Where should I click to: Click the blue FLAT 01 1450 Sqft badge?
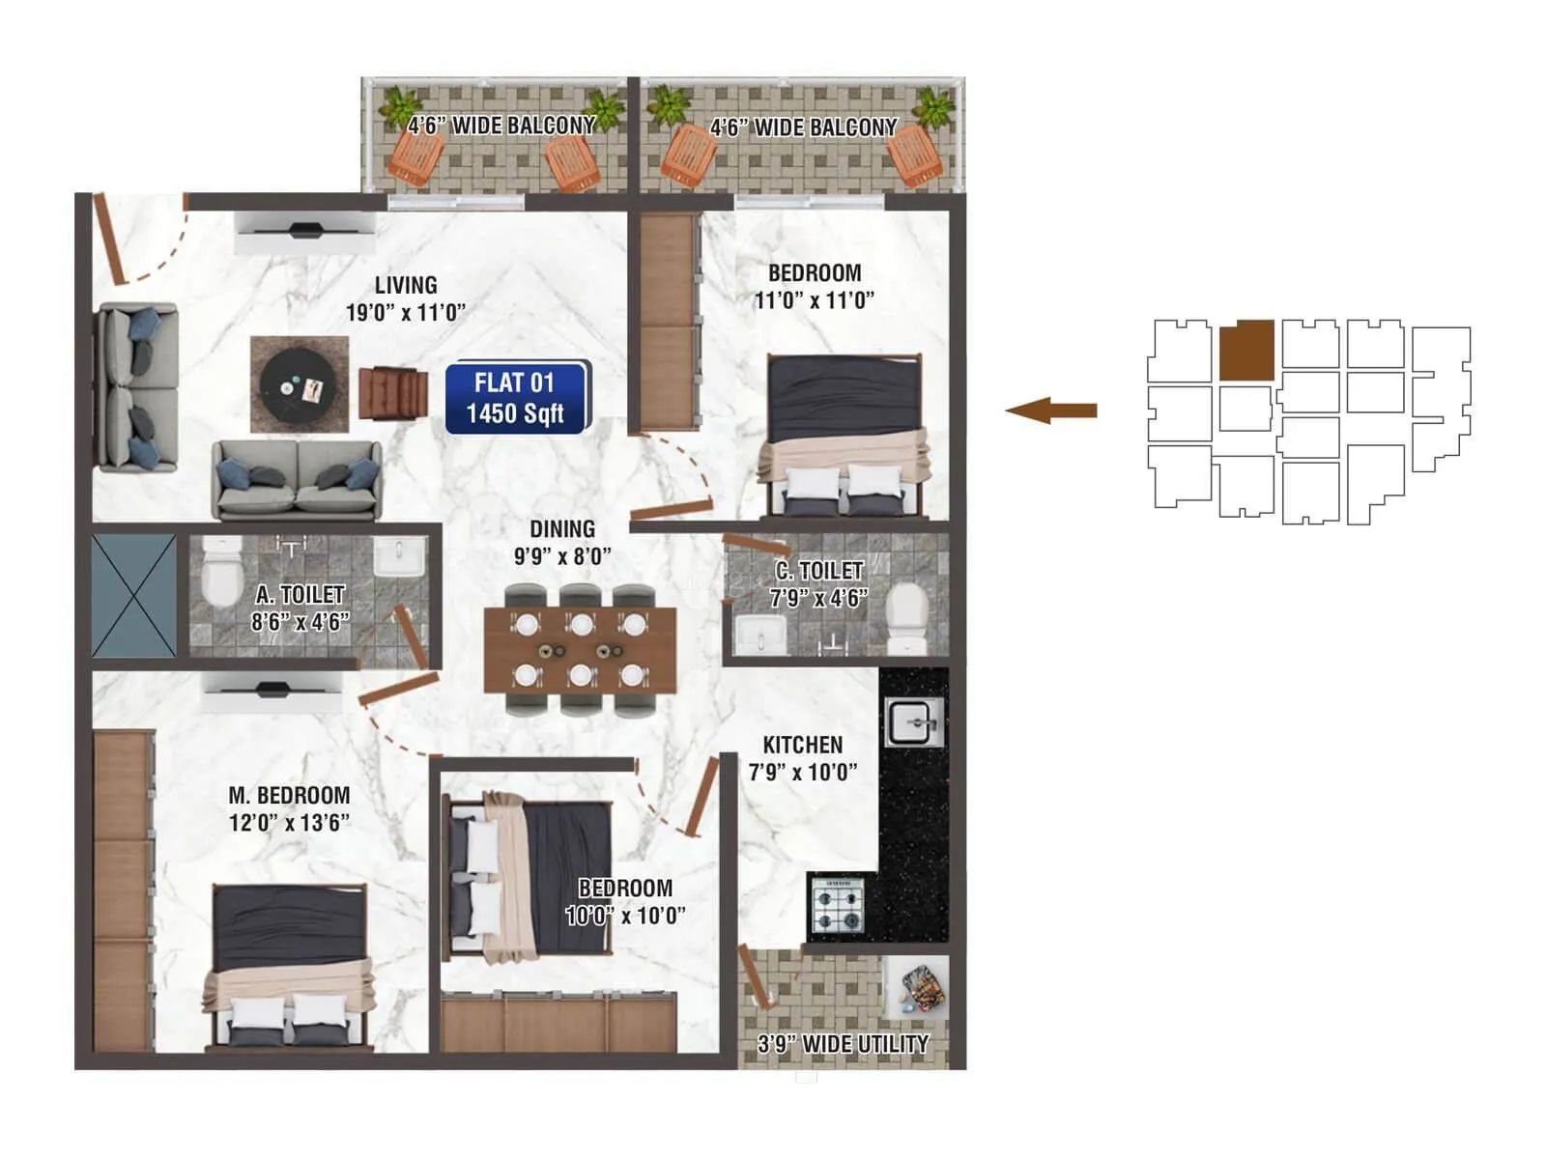click(516, 397)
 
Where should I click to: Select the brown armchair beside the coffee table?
click(392, 393)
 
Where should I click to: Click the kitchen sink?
click(912, 721)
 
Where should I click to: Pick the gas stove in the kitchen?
click(837, 905)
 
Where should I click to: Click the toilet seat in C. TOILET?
click(907, 616)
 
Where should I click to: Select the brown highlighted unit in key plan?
click(1245, 350)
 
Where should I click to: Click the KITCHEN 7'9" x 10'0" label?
click(802, 758)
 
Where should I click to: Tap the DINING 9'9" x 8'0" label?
click(562, 542)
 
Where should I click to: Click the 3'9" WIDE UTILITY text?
click(843, 1044)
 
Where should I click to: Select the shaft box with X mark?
click(134, 596)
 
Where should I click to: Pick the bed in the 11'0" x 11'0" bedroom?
click(845, 435)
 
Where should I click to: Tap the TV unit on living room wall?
click(305, 232)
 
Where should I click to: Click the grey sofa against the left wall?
click(136, 387)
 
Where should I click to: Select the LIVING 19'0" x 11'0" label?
click(406, 298)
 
